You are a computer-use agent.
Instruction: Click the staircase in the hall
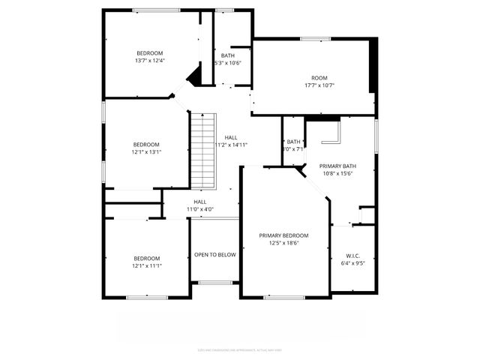(202, 151)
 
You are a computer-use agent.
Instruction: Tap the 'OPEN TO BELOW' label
(215, 255)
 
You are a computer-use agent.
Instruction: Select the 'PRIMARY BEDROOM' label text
(283, 235)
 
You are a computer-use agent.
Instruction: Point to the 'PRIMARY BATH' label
(337, 166)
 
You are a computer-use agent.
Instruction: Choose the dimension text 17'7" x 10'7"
(319, 85)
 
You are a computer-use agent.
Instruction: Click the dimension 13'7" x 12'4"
(150, 61)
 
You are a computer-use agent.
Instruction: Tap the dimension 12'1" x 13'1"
(147, 151)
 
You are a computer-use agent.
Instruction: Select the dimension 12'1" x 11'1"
(147, 265)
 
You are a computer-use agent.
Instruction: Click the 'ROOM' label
(319, 78)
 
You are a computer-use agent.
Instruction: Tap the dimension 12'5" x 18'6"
(283, 243)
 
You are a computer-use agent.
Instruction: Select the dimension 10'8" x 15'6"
(337, 173)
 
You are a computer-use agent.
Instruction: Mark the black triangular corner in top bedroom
(194, 75)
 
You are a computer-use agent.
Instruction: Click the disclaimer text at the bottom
(240, 349)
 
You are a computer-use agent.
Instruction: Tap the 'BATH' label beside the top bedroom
(228, 55)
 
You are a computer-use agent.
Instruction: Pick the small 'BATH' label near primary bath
(293, 142)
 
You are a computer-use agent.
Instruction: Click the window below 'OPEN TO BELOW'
(215, 283)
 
